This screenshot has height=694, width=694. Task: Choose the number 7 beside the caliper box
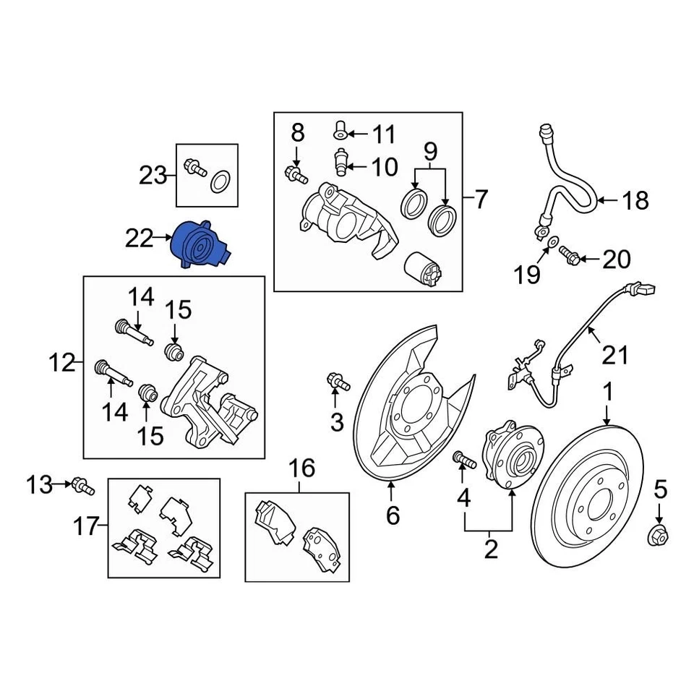[x=481, y=198]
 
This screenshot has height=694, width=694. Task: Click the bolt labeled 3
[x=337, y=380]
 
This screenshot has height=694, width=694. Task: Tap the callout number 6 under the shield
[x=392, y=515]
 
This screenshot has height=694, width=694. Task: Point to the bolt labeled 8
[x=296, y=173]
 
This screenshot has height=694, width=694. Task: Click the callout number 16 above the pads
[x=303, y=469]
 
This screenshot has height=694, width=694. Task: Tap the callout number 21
[x=616, y=355]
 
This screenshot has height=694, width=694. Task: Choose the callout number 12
[x=63, y=362]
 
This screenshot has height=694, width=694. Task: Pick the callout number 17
[x=85, y=526]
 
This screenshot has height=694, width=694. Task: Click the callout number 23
[x=153, y=175]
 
